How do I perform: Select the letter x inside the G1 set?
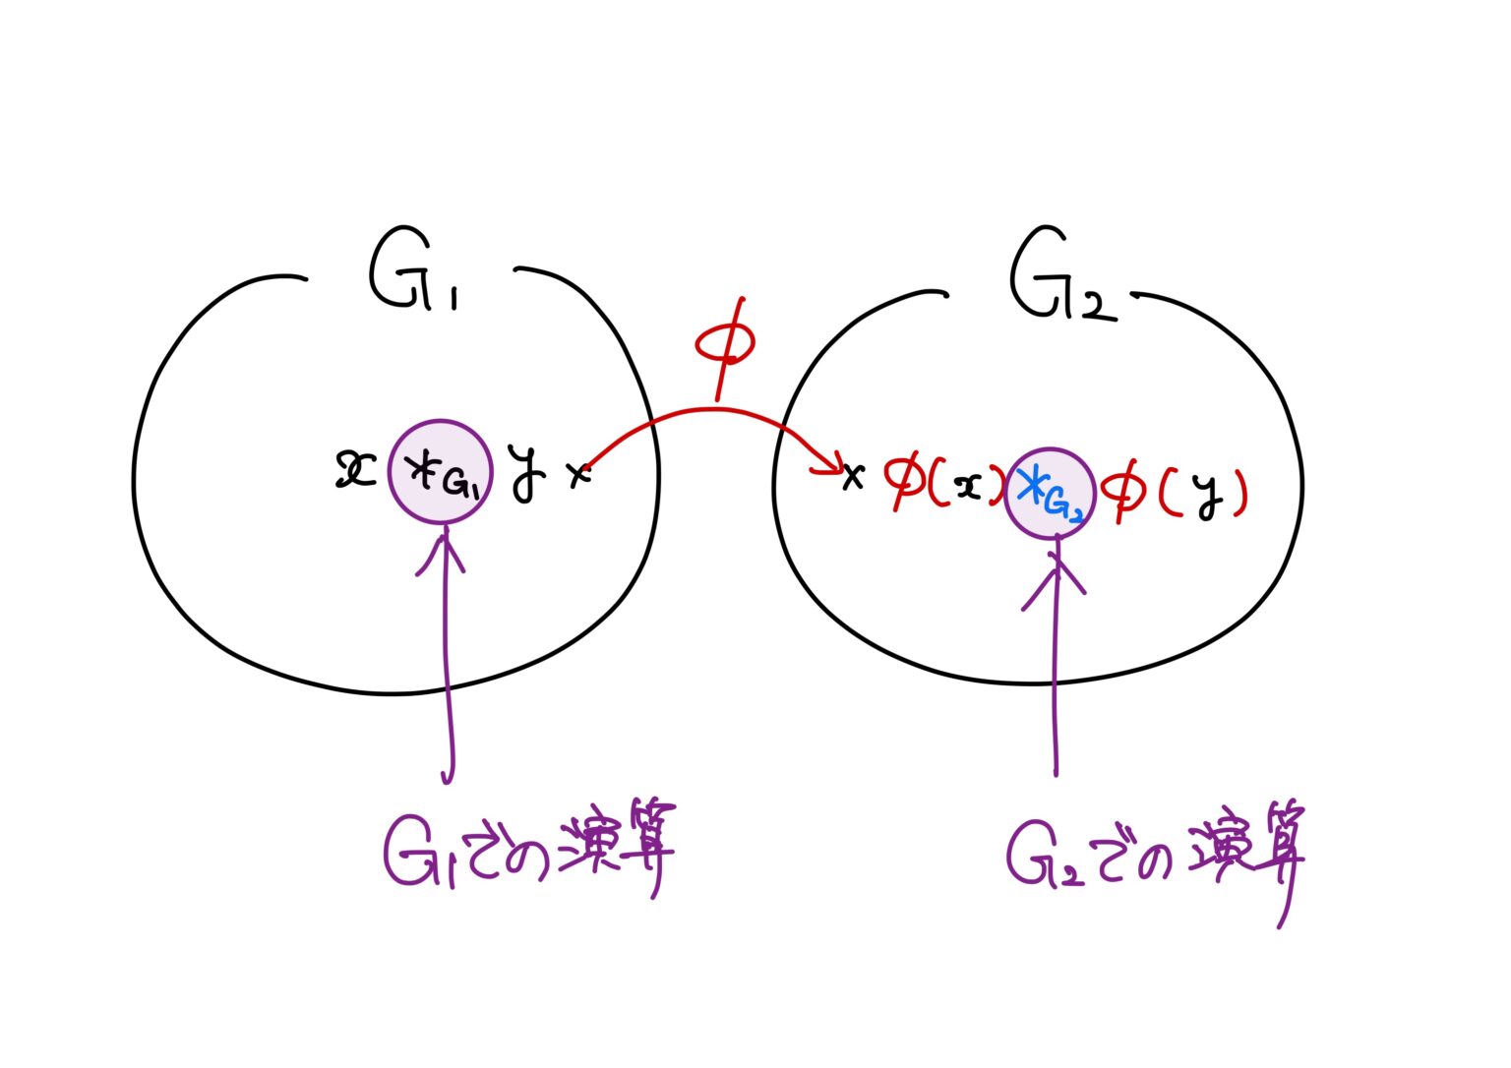(355, 470)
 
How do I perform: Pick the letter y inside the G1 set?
(527, 474)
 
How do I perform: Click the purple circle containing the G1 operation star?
(440, 474)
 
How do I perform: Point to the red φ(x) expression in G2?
(942, 485)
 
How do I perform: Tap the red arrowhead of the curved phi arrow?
(829, 466)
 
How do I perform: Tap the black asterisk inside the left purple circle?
(424, 473)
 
